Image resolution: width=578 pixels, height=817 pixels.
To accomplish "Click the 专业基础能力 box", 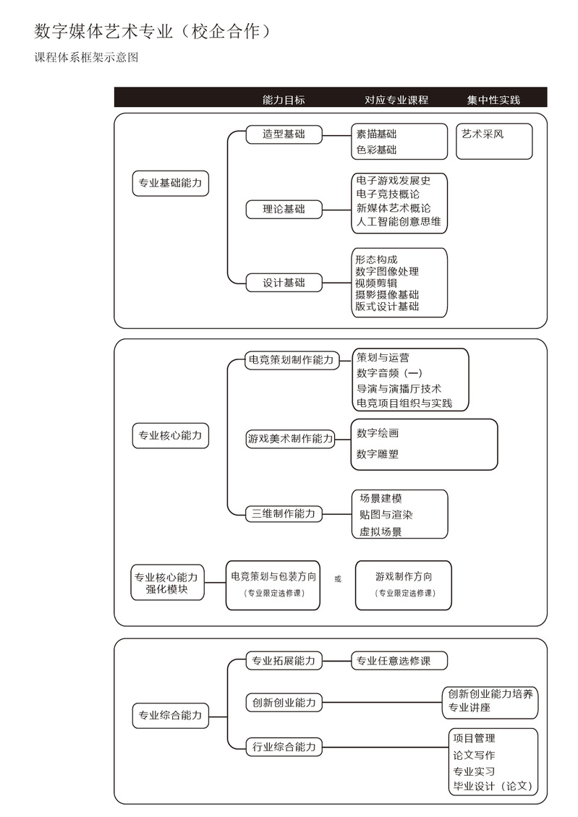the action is [171, 183].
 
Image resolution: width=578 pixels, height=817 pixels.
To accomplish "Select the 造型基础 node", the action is [284, 134].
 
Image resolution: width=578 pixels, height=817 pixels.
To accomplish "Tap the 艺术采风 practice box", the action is [494, 141].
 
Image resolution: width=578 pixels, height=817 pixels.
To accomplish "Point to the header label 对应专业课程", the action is [396, 100].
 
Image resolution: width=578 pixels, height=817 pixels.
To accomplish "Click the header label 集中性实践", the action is [493, 100].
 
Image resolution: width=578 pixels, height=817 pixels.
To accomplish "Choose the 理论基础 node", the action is [284, 210].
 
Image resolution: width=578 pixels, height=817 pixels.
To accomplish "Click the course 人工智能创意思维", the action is [399, 222].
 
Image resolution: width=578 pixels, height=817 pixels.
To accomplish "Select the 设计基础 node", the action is [284, 283].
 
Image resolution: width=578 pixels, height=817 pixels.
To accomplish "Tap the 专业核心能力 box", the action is [171, 435].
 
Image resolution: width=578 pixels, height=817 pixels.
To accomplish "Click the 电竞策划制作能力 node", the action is [292, 360].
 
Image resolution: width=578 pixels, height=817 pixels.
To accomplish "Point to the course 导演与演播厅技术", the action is [399, 389].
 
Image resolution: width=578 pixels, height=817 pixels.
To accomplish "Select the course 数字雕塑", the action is [378, 454].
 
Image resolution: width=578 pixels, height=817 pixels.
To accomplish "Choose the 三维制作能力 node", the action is [284, 514].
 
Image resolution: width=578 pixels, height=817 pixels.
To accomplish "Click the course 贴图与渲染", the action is [386, 515].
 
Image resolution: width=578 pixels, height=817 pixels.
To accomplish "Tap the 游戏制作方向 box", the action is [404, 585].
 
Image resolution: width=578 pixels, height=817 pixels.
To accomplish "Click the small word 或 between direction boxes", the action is [338, 579].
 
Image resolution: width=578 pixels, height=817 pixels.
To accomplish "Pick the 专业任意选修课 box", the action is [399, 661].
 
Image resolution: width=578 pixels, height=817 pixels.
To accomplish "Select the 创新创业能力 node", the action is [284, 703].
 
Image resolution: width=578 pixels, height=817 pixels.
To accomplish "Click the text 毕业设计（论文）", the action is [493, 786].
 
